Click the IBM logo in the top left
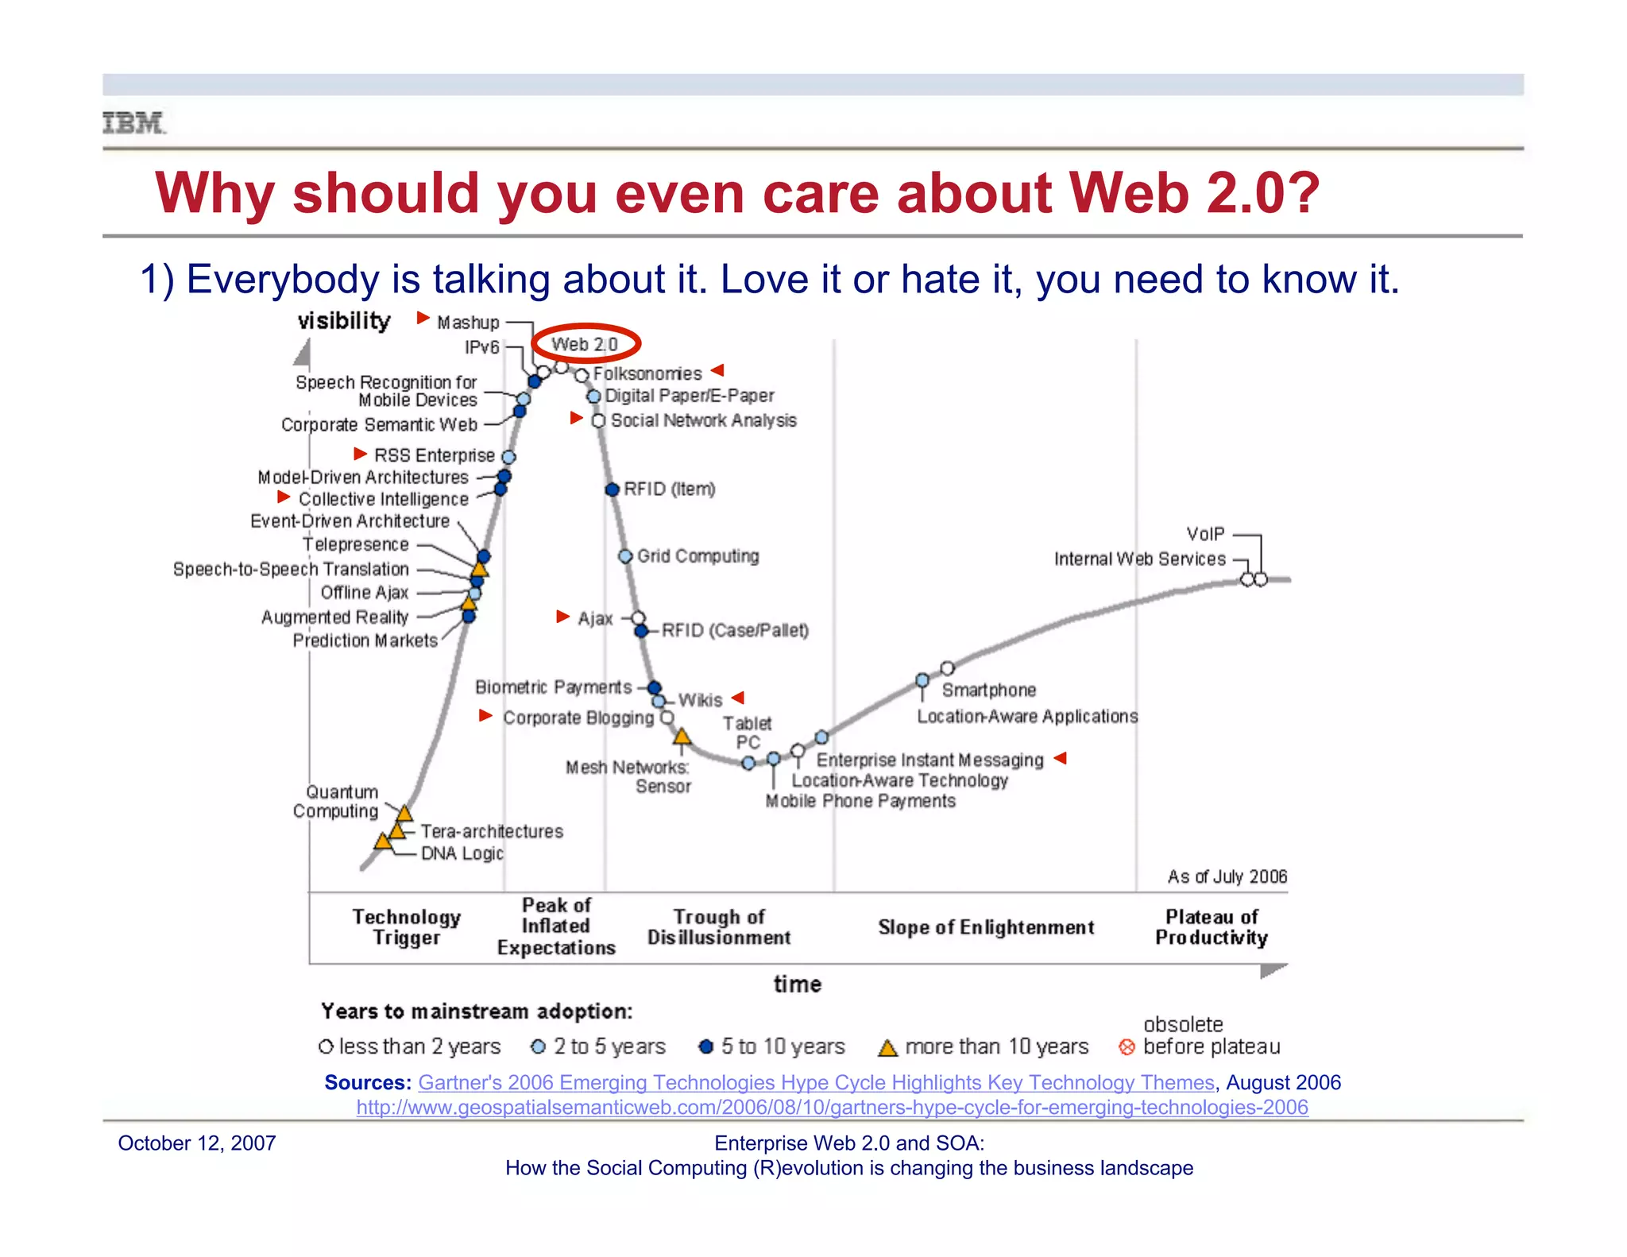click(133, 123)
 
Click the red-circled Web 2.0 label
click(585, 344)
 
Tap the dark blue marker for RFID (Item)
click(612, 489)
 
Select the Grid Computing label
click(698, 555)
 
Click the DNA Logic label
click(462, 853)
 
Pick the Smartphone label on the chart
click(988, 690)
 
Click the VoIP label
click(1205, 534)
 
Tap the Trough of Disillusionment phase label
click(719, 927)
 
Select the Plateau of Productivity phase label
click(1211, 927)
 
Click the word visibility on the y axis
click(344, 321)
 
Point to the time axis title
click(798, 984)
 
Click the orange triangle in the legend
click(887, 1048)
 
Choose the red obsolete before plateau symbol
click(1127, 1047)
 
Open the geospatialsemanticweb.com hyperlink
click(832, 1107)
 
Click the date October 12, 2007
click(197, 1143)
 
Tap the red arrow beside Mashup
click(423, 319)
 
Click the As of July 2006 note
click(1227, 876)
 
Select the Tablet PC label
click(747, 733)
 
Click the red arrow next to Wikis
click(738, 698)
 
